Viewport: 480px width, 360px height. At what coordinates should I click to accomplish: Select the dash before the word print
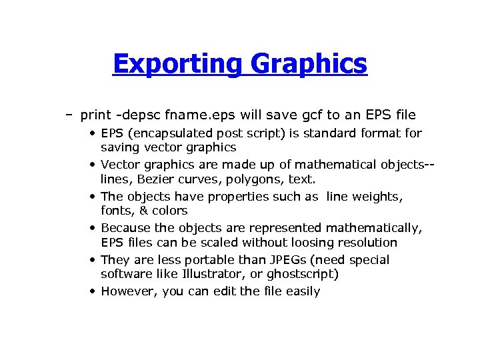pyautogui.click(x=69, y=115)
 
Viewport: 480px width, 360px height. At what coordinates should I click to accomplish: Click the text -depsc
pyautogui.click(x=134, y=115)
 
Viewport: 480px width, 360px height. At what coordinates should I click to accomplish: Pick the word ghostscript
pyautogui.click(x=302, y=274)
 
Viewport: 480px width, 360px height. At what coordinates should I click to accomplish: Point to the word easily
pyautogui.click(x=302, y=291)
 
